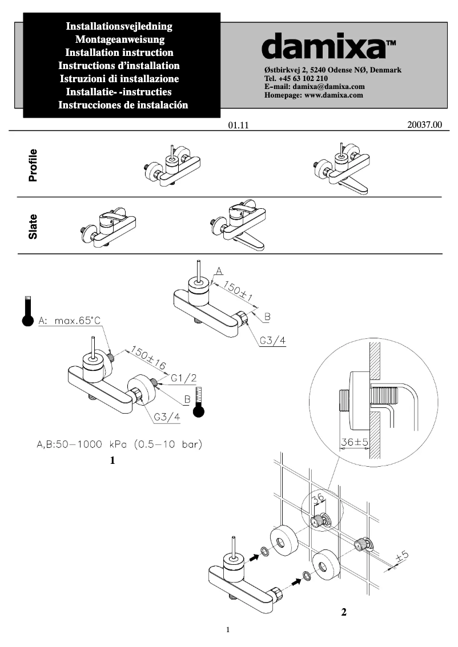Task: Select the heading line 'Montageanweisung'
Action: (120, 39)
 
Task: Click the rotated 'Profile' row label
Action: (33, 165)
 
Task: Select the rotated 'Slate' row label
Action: (33, 226)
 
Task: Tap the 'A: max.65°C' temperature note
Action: (69, 321)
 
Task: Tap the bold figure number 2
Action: (343, 613)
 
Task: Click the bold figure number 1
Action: (113, 460)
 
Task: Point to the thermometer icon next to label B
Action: (198, 402)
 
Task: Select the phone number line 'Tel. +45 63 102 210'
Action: (296, 78)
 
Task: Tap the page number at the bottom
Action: (228, 630)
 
